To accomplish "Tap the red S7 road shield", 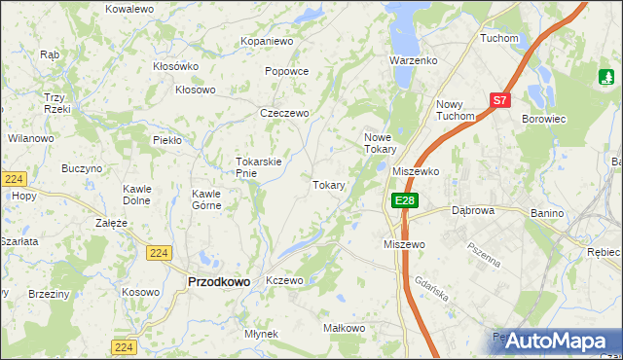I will (x=500, y=99).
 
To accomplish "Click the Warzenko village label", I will (x=414, y=60).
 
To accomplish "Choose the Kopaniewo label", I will (x=267, y=42).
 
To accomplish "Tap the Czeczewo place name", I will (x=284, y=113).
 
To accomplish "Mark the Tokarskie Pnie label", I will (x=259, y=167).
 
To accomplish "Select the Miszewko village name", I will (x=416, y=170).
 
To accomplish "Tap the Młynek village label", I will (x=262, y=334).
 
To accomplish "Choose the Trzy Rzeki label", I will (x=54, y=102).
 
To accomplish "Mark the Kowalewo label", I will (x=130, y=8).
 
